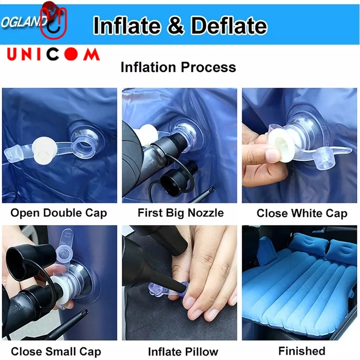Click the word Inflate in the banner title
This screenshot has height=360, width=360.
pyautogui.click(x=127, y=25)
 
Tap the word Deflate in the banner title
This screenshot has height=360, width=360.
pyautogui.click(x=229, y=25)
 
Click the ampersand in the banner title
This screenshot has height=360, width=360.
pyautogui.click(x=176, y=25)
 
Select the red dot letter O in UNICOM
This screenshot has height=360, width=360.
pyautogui.click(x=71, y=54)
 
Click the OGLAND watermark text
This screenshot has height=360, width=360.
pyautogui.click(x=23, y=22)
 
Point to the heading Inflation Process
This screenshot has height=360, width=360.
pyautogui.click(x=178, y=67)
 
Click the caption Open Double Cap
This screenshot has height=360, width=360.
pyautogui.click(x=59, y=213)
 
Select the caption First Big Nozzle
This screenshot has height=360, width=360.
pyautogui.click(x=181, y=213)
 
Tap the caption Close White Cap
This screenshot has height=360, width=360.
pyautogui.click(x=302, y=213)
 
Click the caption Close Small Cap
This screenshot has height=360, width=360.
pyautogui.click(x=56, y=351)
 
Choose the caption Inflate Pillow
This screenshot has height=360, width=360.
pyautogui.click(x=183, y=351)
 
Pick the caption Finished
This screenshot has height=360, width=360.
pyautogui.click(x=302, y=351)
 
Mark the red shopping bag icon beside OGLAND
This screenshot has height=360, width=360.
pyautogui.click(x=53, y=21)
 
